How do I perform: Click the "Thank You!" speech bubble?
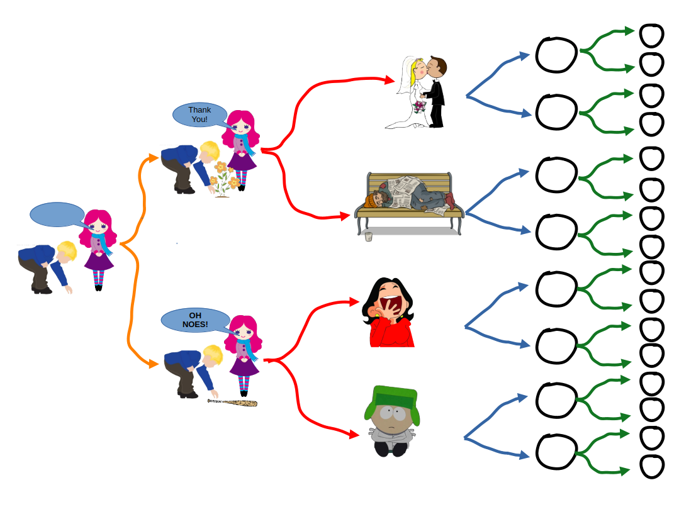pos(199,114)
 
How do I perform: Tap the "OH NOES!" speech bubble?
pos(195,320)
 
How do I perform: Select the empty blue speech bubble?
pos(57,214)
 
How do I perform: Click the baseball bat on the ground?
pos(233,402)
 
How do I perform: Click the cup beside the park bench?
pos(369,237)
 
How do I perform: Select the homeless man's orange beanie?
pos(369,201)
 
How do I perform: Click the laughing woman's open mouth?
pos(393,306)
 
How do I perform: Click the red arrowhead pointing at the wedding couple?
pos(390,80)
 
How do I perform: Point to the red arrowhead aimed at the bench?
pos(345,216)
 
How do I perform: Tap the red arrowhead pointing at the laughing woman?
pos(354,302)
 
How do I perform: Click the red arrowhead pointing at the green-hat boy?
pos(354,433)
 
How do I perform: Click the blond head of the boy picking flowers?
pos(210,151)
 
